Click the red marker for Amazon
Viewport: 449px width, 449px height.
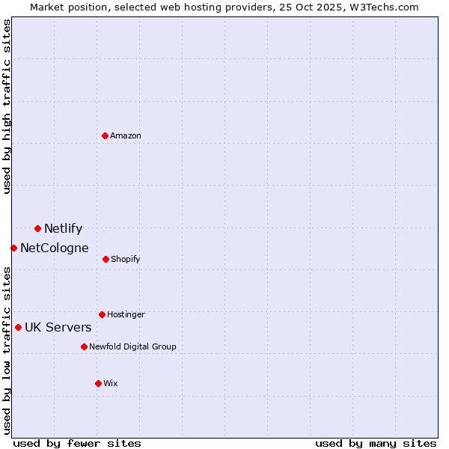point(106,135)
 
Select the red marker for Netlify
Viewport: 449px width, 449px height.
point(37,228)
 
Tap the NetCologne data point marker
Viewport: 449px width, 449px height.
point(13,248)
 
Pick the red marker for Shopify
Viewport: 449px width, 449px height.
point(106,259)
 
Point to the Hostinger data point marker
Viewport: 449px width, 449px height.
point(102,314)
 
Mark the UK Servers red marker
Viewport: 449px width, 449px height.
point(18,327)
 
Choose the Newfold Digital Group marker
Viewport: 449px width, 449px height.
point(84,346)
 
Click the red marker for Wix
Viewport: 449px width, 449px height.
point(98,383)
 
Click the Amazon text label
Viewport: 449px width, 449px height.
point(126,136)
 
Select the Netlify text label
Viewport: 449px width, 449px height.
point(63,229)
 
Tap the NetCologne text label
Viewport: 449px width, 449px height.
point(54,248)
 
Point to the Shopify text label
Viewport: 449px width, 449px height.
point(125,260)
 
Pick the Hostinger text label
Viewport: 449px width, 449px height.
point(126,315)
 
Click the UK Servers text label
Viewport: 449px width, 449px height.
point(58,328)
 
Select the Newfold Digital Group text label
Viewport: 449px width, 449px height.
point(132,347)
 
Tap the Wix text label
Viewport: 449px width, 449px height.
point(110,384)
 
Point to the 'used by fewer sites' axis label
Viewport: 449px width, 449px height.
point(77,443)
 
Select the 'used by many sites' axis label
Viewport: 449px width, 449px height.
point(376,443)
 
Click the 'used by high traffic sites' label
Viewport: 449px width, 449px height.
point(7,106)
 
